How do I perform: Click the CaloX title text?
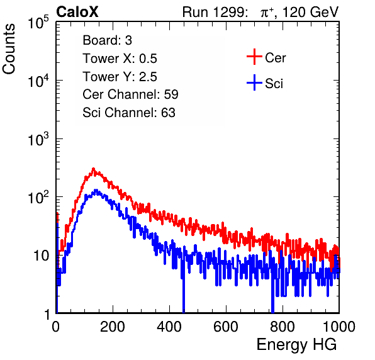tap(77, 12)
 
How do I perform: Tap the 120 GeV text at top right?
tap(310, 12)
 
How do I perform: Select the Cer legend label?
tap(275, 58)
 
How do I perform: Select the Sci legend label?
tap(274, 84)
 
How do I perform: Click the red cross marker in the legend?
tap(254, 57)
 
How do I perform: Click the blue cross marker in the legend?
tap(254, 83)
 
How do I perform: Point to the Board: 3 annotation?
tap(107, 40)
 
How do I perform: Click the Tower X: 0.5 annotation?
tap(120, 59)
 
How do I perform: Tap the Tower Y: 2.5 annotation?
tap(120, 77)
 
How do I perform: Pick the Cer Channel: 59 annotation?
tap(130, 94)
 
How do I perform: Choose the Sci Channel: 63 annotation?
tap(129, 113)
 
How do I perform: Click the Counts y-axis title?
tap(9, 49)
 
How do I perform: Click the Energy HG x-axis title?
tap(296, 345)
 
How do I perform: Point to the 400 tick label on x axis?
tap(169, 327)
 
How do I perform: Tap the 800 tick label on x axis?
tap(283, 327)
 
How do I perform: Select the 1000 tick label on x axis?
tap(339, 327)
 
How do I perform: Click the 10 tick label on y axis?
tap(41, 256)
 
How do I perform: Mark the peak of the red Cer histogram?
tap(93, 169)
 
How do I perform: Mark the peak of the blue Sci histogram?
tap(96, 190)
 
